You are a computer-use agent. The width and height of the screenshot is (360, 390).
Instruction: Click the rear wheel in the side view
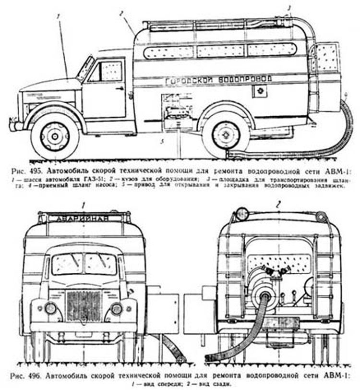[225, 135]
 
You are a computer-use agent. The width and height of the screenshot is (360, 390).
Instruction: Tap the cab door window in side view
[110, 71]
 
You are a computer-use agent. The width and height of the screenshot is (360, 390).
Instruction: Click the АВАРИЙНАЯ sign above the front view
[83, 219]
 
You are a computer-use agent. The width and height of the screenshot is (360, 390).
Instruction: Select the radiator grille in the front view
[84, 305]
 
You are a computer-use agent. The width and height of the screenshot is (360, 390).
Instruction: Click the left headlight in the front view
[50, 308]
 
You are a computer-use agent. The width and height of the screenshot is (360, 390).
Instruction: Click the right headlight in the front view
[117, 308]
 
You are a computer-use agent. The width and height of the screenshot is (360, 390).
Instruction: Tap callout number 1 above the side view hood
[58, 16]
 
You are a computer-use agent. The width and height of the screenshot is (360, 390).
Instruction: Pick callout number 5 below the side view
[163, 141]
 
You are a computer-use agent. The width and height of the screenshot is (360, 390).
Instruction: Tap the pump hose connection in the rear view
[264, 294]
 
